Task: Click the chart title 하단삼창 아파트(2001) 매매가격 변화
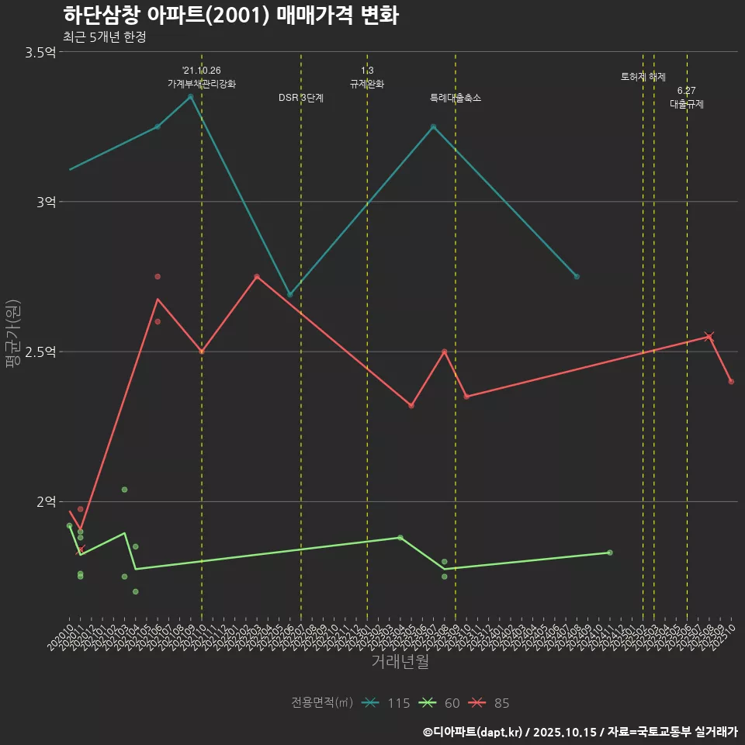(230, 16)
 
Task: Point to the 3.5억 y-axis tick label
(40, 52)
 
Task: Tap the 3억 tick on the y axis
(46, 202)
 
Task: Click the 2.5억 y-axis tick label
(40, 352)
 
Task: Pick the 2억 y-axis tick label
(46, 501)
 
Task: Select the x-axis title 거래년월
(400, 662)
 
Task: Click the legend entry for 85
(490, 703)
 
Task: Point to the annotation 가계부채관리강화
(202, 83)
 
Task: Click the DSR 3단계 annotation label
(301, 98)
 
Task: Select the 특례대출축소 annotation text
(456, 98)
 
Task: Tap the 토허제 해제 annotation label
(643, 77)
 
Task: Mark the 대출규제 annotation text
(687, 103)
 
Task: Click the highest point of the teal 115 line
(190, 96)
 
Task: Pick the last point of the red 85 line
(731, 381)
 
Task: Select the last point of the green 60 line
(610, 553)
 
